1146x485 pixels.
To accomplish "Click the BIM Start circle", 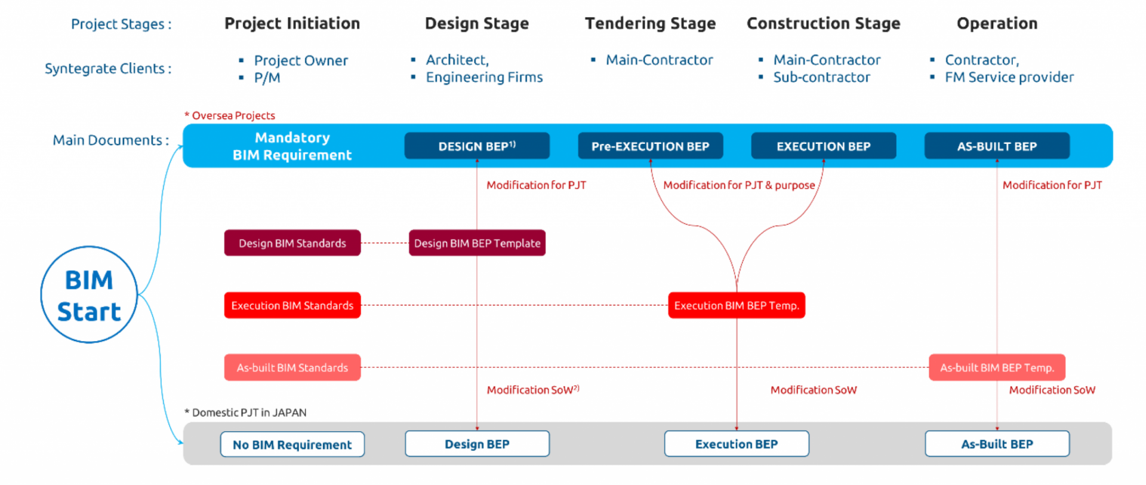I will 89,295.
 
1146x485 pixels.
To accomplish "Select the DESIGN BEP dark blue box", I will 477,146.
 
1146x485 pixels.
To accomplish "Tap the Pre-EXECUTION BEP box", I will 650,146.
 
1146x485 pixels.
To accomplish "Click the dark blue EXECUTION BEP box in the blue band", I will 823,146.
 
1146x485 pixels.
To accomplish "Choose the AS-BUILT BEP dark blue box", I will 997,146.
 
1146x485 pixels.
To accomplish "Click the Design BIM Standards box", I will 292,243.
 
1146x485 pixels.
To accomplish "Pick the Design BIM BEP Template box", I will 477,243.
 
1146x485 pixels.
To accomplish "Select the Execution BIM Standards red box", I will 292,305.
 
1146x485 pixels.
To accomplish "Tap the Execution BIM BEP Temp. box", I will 737,305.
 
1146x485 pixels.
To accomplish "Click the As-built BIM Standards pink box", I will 292,367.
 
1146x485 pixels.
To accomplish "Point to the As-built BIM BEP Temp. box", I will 997,367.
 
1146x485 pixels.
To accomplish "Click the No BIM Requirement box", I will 292,444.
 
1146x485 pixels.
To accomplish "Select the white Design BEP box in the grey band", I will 477,444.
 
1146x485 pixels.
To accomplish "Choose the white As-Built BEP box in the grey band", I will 997,444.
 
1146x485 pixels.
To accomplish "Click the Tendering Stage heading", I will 650,23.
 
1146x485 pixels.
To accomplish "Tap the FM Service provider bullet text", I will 1009,77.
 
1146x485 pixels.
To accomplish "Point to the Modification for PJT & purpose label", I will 739,185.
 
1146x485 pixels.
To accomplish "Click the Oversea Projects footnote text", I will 233,115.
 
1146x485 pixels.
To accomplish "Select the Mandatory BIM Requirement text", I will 292,146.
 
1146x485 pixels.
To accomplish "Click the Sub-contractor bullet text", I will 821,77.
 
